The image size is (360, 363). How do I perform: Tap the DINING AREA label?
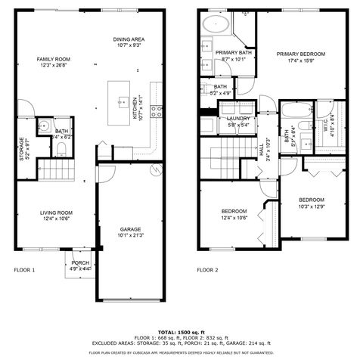(x=129, y=39)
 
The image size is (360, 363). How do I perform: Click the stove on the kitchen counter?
(x=155, y=111)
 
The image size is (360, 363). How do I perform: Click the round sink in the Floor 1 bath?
(x=44, y=126)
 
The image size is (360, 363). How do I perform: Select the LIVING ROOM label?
(x=55, y=213)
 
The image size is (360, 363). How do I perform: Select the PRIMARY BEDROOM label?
(x=300, y=54)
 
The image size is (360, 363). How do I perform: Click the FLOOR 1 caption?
(x=25, y=269)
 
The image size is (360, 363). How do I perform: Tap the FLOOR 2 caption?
(x=207, y=269)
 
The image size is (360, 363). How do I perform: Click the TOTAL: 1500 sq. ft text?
(x=180, y=332)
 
